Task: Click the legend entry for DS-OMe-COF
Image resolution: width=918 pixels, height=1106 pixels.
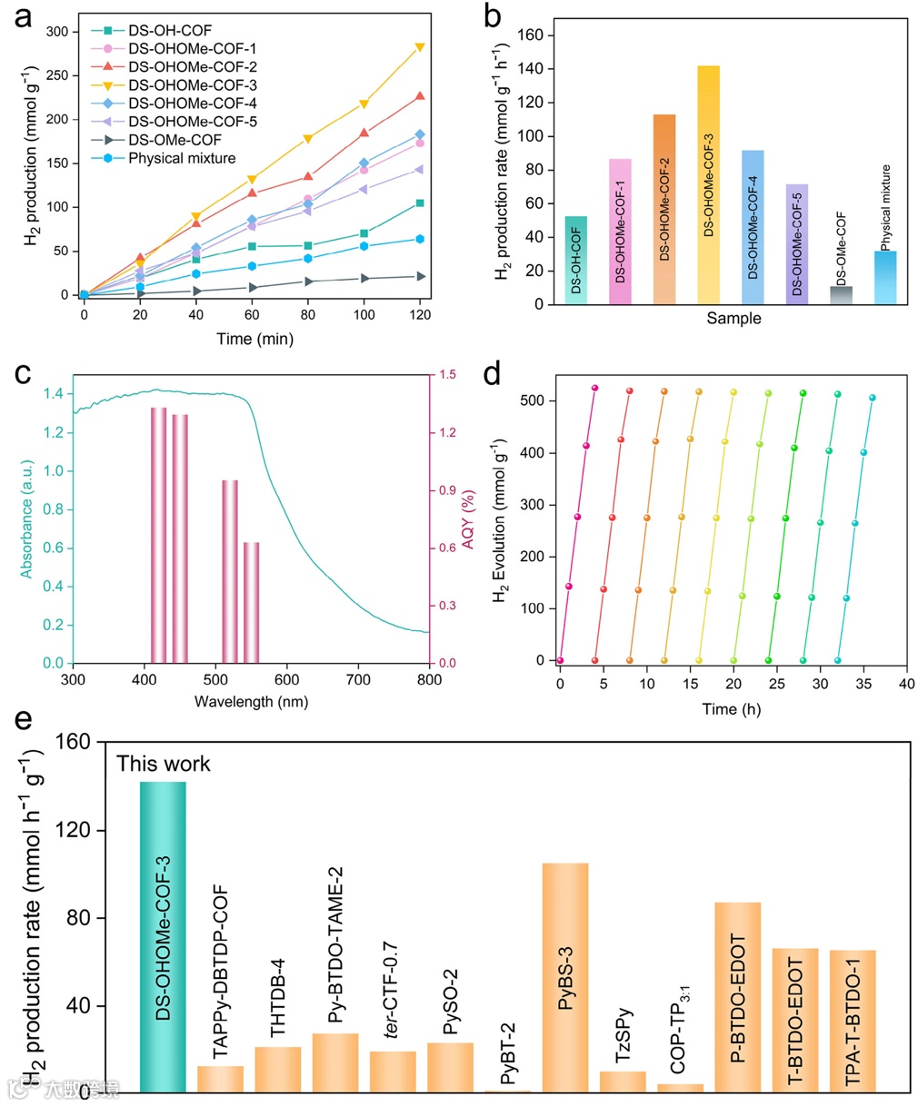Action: click(175, 140)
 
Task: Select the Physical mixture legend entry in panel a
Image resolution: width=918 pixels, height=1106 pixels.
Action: click(182, 158)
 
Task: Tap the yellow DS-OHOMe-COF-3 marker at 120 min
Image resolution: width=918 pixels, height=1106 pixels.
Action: click(420, 47)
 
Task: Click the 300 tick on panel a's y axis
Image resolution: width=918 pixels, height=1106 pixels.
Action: click(57, 32)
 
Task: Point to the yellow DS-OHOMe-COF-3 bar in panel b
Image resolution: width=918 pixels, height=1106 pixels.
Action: click(708, 184)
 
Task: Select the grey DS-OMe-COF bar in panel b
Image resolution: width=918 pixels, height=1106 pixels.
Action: click(841, 295)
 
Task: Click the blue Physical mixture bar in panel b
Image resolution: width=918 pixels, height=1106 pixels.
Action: click(885, 277)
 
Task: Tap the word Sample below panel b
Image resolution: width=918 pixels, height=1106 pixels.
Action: click(733, 319)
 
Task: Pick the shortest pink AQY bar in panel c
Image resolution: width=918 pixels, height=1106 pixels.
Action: click(252, 602)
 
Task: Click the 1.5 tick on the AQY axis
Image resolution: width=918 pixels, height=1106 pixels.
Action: click(447, 375)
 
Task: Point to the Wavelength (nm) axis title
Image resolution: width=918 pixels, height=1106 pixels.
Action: click(251, 702)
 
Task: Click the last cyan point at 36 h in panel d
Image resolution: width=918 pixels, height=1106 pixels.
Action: click(873, 398)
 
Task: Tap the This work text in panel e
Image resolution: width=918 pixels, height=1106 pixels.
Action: click(164, 764)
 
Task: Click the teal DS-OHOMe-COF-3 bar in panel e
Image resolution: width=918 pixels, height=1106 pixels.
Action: click(163, 936)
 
